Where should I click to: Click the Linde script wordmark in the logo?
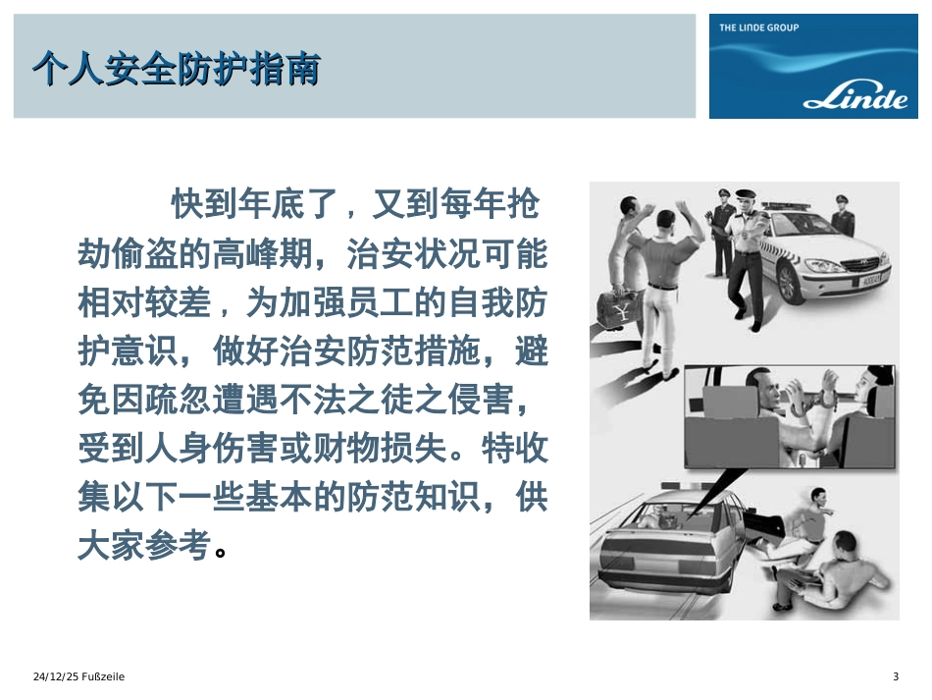[854, 100]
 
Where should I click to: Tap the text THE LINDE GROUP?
[758, 27]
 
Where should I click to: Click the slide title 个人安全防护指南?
[176, 70]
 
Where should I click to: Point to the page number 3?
[895, 677]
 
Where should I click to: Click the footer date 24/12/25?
[54, 677]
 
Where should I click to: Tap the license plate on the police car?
[872, 279]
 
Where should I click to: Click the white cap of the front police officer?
[750, 195]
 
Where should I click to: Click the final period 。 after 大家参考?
[221, 552]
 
